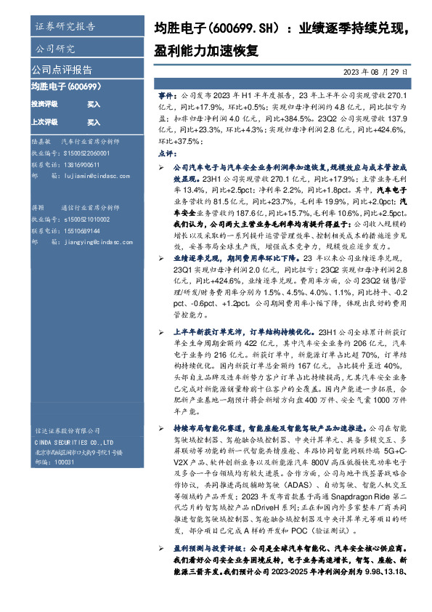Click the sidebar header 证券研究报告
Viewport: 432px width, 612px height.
[65, 28]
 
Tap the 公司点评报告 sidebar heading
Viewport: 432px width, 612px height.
[62, 71]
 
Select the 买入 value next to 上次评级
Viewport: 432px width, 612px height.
[94, 122]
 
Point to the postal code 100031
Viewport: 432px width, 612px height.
[65, 462]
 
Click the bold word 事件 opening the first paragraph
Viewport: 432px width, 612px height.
[166, 95]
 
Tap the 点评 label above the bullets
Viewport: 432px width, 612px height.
[166, 154]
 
